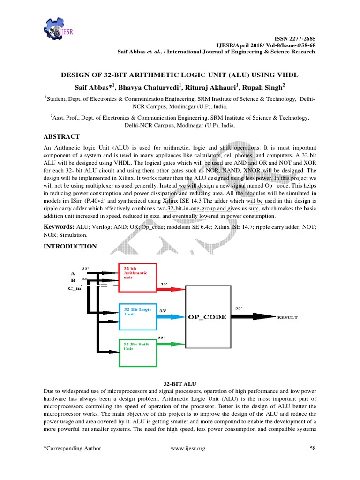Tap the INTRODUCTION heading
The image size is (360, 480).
click(70, 246)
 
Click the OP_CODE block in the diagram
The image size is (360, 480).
click(207, 317)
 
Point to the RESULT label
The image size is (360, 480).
click(288, 318)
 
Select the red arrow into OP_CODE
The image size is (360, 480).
click(172, 289)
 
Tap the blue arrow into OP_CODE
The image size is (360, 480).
click(172, 317)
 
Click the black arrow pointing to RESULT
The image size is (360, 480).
click(251, 317)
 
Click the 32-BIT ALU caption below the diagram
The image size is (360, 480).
click(180, 383)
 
